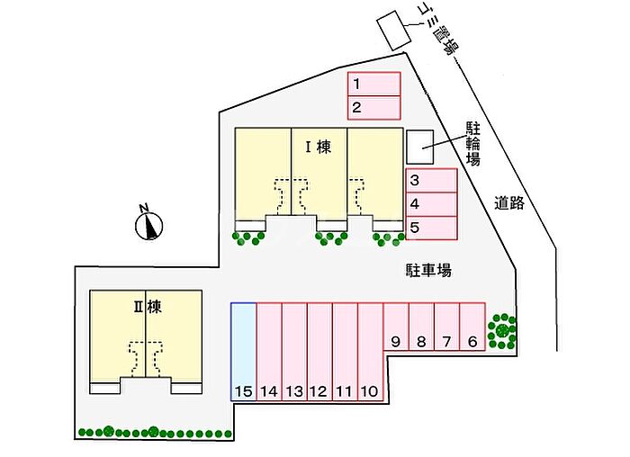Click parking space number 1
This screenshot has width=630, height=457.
click(x=374, y=85)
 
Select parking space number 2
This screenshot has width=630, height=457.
click(x=374, y=107)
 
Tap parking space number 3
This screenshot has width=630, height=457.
click(x=431, y=181)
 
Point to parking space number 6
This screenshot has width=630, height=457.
click(x=472, y=328)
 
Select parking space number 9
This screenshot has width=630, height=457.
click(x=396, y=328)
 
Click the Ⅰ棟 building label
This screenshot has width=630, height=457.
click(x=318, y=147)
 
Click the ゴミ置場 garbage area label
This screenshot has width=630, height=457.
click(x=439, y=29)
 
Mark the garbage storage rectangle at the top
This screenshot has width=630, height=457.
click(x=392, y=31)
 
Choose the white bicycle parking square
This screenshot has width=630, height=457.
click(x=418, y=146)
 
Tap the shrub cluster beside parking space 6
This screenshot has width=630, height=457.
click(x=502, y=330)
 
